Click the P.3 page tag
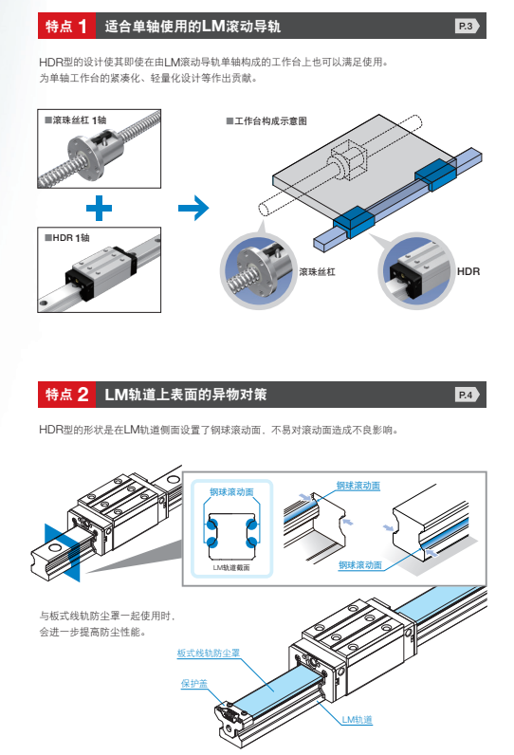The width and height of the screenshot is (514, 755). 467,26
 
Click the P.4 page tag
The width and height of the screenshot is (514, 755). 467,395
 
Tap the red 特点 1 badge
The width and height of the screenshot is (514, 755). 66,26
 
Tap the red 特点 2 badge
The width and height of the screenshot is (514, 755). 66,395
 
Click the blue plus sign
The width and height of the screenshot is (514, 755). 100,208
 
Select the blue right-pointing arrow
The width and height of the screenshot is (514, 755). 193,208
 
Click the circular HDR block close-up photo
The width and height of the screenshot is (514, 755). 416,271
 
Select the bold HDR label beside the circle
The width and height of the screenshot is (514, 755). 468,271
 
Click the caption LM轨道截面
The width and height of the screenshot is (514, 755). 231,568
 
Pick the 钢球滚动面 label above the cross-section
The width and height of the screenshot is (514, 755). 231,491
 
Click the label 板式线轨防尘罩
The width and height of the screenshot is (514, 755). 209,653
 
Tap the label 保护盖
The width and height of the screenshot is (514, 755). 194,683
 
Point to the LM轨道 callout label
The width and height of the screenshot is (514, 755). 358,719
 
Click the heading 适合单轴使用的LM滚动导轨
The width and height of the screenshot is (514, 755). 193,26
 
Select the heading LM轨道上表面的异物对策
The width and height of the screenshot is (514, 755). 186,395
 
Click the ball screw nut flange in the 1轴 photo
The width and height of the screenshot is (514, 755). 87,157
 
